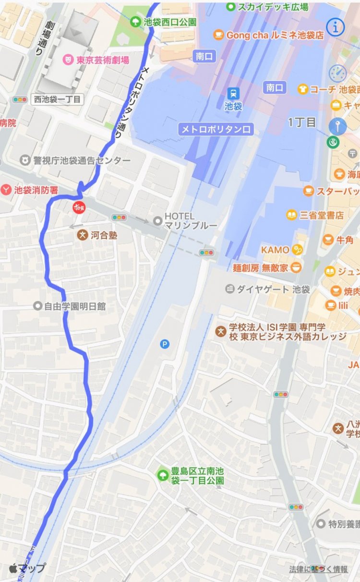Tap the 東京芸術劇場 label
click(x=102, y=60)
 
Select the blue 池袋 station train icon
click(x=233, y=93)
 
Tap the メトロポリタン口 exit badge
click(x=216, y=129)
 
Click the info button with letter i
click(x=336, y=27)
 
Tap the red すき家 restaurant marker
click(x=78, y=207)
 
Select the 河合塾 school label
click(x=104, y=235)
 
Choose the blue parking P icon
click(x=165, y=344)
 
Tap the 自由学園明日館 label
click(x=74, y=306)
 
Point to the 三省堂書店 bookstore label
click(x=322, y=215)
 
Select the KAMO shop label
click(x=275, y=250)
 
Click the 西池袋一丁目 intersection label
click(x=57, y=99)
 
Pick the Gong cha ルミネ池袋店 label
click(x=275, y=35)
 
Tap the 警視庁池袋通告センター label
click(x=82, y=160)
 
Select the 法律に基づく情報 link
click(x=318, y=569)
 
